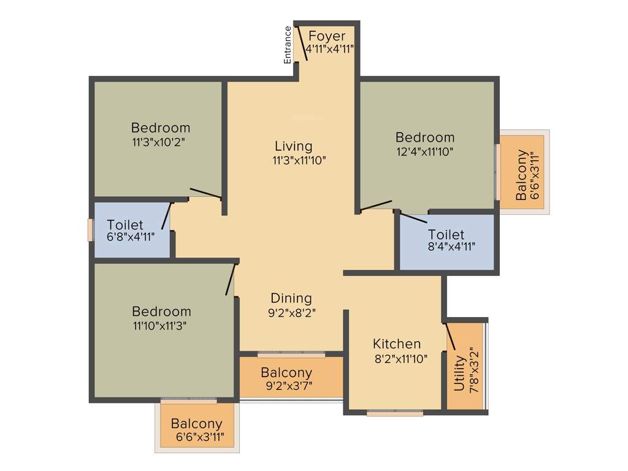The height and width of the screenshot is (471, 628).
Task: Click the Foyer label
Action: tap(327, 36)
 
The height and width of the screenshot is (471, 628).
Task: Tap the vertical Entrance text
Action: tap(287, 45)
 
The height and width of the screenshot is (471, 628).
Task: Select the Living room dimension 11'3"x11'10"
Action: tap(299, 161)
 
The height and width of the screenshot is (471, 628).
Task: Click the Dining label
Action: tap(291, 298)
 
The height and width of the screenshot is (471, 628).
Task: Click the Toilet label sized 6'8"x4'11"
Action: tap(125, 224)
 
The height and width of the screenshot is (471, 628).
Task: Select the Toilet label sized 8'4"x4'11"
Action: tap(446, 234)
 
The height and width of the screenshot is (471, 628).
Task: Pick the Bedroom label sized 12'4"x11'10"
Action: tap(425, 137)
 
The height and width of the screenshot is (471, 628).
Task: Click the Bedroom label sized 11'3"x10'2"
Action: tap(161, 128)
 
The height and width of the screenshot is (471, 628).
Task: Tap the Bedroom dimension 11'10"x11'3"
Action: tap(159, 326)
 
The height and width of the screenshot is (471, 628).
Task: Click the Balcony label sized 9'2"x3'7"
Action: tap(286, 372)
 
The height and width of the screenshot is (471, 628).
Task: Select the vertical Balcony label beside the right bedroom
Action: tap(521, 175)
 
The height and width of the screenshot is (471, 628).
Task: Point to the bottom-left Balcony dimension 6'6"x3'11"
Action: tap(196, 438)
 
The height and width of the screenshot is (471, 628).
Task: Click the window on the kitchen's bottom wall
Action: tap(395, 414)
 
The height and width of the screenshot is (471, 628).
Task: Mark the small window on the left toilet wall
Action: tap(90, 229)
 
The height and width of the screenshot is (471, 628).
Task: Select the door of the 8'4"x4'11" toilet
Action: tap(413, 218)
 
